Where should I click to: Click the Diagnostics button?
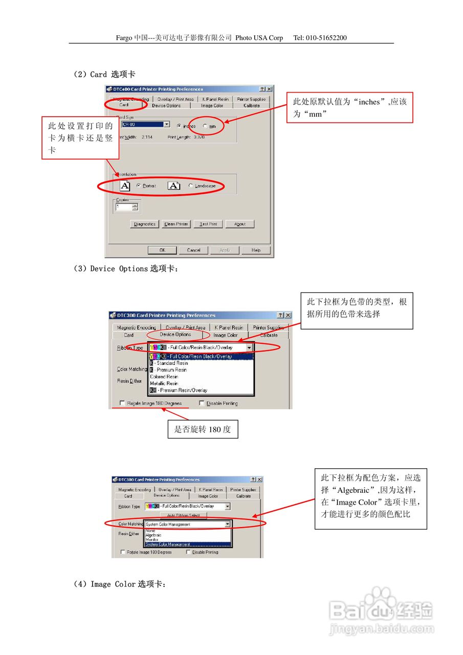click(144, 224)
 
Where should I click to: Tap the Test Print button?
click(208, 224)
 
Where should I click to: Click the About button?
click(239, 224)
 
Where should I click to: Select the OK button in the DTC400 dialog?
click(162, 250)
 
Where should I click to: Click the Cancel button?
click(193, 250)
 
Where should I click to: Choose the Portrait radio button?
click(139, 186)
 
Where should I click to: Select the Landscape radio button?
click(191, 186)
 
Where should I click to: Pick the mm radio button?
click(206, 126)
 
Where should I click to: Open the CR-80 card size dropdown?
click(166, 124)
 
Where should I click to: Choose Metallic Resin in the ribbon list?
click(164, 383)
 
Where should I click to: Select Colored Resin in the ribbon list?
click(164, 377)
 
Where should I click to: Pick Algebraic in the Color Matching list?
click(153, 535)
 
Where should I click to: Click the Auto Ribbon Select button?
click(183, 515)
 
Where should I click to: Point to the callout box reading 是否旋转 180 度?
click(203, 429)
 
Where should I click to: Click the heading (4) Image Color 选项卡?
click(120, 584)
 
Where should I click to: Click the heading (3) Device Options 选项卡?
click(126, 269)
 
